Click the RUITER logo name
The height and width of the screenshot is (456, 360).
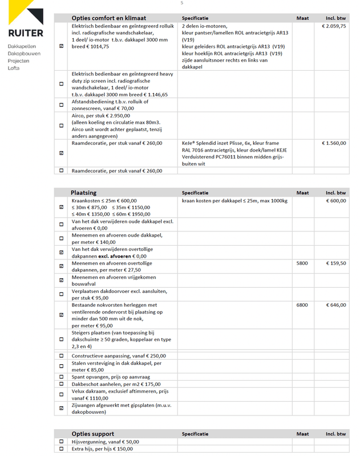[x=26, y=33]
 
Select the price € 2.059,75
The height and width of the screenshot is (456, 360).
[x=334, y=26]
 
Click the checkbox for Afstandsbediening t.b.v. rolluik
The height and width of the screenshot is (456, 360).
[x=62, y=105]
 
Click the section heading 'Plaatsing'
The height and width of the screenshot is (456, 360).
[x=83, y=193]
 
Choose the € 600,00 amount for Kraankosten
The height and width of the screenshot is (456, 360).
[x=336, y=201]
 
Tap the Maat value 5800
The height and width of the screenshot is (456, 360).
[x=302, y=263]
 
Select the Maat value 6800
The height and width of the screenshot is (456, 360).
[x=302, y=305]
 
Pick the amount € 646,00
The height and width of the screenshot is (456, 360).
[x=336, y=305]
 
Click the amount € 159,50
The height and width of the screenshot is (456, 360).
[x=336, y=263]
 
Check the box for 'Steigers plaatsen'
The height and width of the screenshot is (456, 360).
[x=62, y=339]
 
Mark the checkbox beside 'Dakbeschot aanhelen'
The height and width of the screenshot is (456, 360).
[x=62, y=385]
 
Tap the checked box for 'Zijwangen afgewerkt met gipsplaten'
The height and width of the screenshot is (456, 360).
[x=62, y=408]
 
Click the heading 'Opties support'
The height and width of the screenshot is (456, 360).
[x=92, y=434]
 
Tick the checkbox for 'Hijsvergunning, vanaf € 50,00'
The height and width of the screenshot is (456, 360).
[x=62, y=442]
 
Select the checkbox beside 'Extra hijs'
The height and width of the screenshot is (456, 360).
[x=62, y=449]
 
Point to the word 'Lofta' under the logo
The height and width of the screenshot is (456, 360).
[x=14, y=68]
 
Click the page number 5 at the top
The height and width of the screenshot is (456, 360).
[x=181, y=3]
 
